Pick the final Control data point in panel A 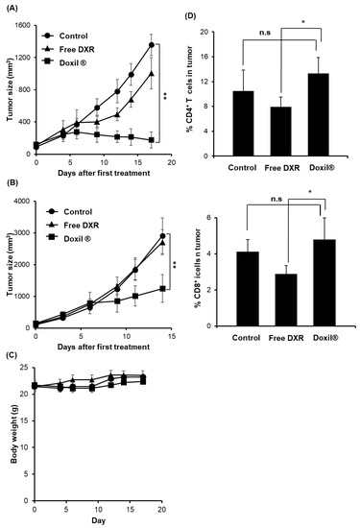click(152, 44)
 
